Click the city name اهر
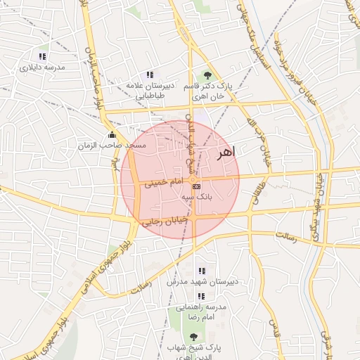click(x=228, y=153)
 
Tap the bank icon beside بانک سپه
click(x=196, y=186)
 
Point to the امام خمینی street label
click(x=163, y=183)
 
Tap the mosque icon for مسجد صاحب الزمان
click(x=111, y=135)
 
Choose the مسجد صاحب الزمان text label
click(x=112, y=145)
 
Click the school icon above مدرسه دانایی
click(x=42, y=56)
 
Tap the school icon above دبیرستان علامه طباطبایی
click(x=149, y=75)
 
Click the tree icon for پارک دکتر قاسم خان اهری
click(x=207, y=75)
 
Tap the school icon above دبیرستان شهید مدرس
click(x=202, y=271)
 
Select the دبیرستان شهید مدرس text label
click(x=202, y=281)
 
